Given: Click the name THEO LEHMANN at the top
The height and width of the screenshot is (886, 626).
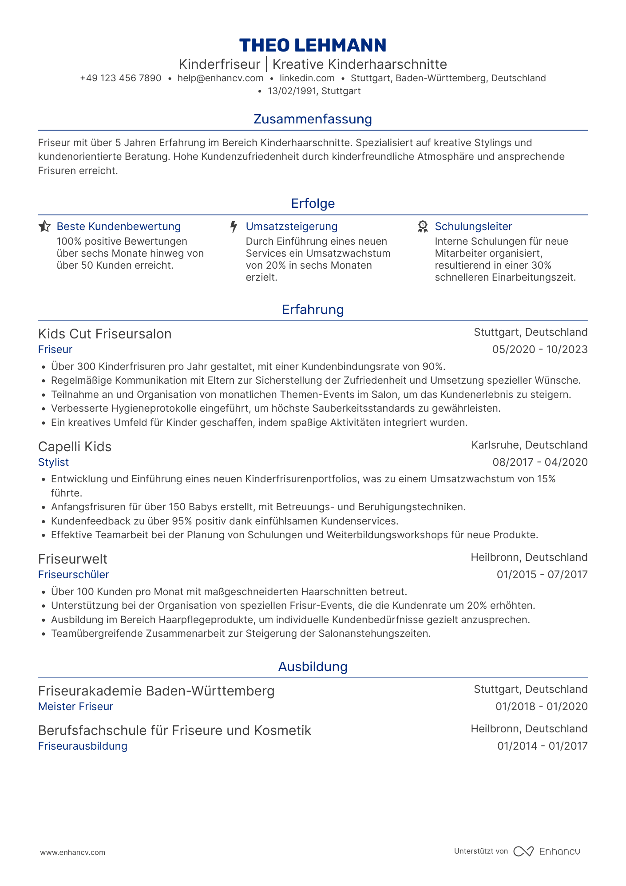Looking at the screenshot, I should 313,45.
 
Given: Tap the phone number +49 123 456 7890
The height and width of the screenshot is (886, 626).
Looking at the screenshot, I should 121,78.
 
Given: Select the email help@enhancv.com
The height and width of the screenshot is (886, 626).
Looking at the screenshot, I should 220,78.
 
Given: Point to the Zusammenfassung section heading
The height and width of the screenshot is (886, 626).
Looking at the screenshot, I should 313,119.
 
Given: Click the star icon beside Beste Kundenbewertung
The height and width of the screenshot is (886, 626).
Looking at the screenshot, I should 44,226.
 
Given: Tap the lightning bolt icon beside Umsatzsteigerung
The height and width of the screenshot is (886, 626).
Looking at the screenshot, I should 234,226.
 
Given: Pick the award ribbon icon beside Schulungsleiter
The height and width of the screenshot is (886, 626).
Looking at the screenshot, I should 423,226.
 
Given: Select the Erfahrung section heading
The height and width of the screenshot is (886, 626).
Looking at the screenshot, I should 313,310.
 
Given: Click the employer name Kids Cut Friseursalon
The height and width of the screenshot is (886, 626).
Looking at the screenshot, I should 105,334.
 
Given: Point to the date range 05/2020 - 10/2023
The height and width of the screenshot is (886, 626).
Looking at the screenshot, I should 539,350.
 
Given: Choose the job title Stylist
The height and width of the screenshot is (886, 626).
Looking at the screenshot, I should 53,462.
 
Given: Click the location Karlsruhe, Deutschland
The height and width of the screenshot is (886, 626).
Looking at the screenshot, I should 529,445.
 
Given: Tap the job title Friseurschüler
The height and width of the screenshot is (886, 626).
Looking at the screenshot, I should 74,575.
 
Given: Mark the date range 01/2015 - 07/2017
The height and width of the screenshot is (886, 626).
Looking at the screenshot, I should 542,575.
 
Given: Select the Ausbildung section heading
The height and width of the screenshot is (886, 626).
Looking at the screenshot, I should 313,667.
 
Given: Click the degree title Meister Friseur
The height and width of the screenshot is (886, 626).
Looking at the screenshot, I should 75,707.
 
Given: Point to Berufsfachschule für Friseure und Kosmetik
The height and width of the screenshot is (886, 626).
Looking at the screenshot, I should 174,731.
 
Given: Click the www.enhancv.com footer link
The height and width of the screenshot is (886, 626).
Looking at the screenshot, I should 73,852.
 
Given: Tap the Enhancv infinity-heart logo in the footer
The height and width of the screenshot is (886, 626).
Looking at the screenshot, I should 523,851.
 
